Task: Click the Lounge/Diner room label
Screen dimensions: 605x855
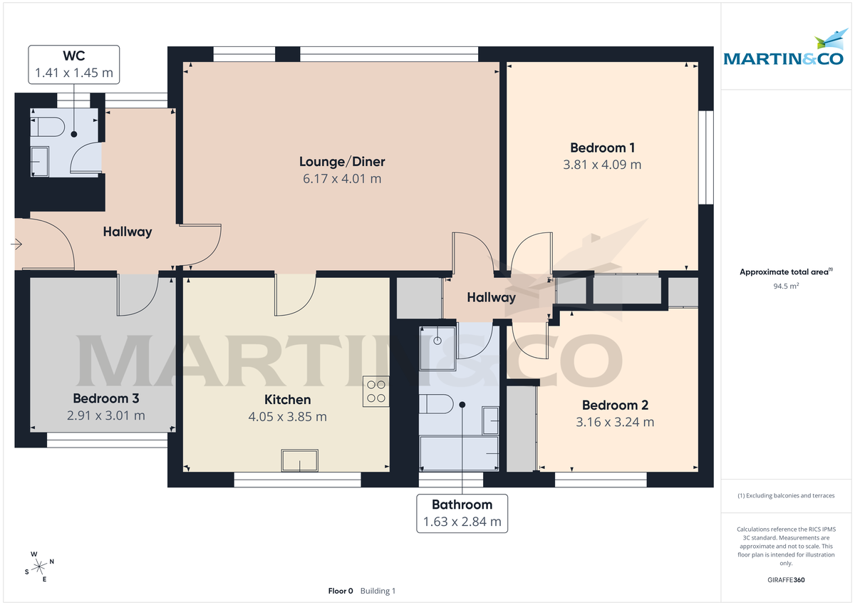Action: (342, 162)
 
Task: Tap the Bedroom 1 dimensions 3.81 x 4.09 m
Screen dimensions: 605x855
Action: (602, 165)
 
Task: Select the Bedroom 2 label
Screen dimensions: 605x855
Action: (615, 405)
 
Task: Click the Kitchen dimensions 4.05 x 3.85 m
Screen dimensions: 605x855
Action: (287, 417)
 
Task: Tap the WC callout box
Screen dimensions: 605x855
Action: (73, 63)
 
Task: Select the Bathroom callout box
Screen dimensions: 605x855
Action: (462, 513)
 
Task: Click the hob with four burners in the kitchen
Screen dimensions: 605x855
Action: (376, 391)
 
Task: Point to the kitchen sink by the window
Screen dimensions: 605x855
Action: (299, 461)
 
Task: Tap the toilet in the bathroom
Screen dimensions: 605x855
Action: (436, 404)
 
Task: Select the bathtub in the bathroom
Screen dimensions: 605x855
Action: (459, 454)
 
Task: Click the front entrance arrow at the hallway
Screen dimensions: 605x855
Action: (16, 244)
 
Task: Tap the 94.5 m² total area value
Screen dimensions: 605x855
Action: (786, 286)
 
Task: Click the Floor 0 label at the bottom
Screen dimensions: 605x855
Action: (341, 591)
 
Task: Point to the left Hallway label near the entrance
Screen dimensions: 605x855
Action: (128, 232)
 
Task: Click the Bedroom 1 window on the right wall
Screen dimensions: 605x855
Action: (706, 157)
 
